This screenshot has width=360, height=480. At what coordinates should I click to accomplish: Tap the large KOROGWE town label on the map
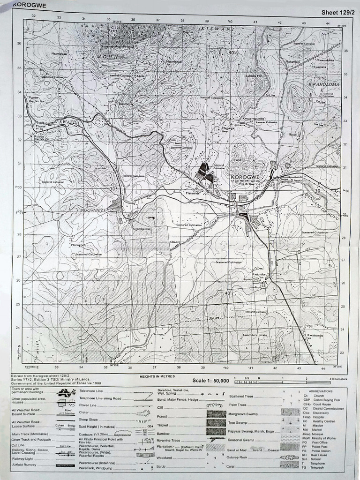tap(245, 177)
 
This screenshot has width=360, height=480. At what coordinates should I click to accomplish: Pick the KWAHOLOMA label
tap(320, 84)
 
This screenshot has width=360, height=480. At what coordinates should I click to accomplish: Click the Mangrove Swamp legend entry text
tap(246, 413)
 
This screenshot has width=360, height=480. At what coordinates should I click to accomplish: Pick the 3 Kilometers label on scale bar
tap(337, 378)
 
